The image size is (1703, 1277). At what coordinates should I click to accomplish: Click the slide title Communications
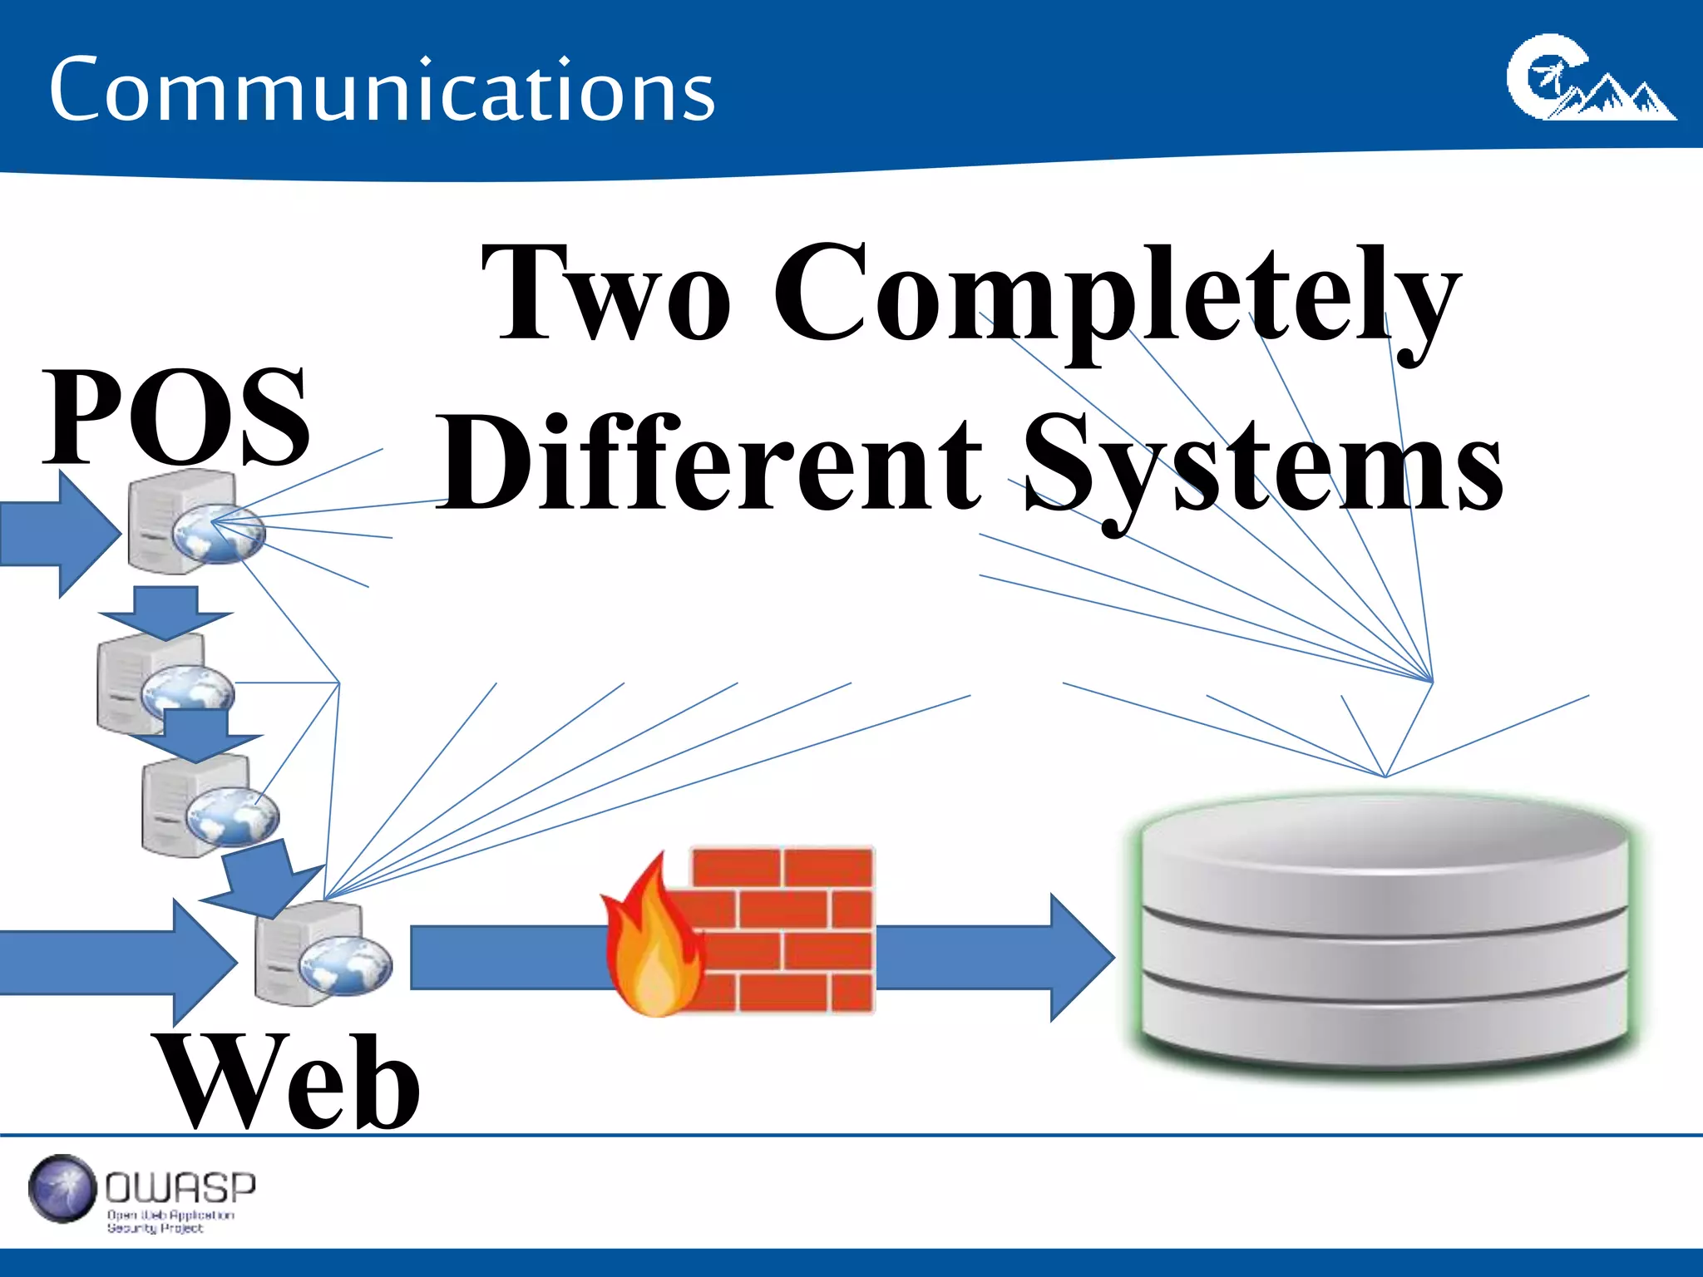coord(382,90)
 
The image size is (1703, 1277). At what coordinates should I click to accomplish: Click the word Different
coord(711,462)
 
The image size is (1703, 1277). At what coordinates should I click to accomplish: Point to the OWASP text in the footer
coord(180,1189)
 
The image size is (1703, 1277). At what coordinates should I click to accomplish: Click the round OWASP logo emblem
coord(62,1189)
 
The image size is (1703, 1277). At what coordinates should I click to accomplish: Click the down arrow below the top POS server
coord(165,611)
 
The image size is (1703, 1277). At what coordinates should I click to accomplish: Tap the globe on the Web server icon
coord(345,967)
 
